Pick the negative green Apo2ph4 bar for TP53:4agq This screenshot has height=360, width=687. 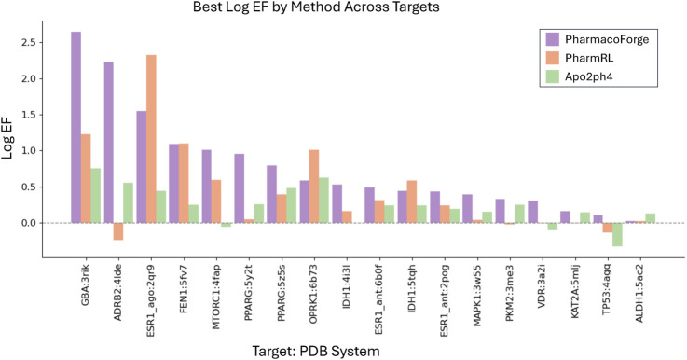click(x=617, y=234)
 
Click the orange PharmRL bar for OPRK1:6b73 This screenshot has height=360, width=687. click(x=313, y=187)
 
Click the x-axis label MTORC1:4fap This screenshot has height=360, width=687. click(x=217, y=273)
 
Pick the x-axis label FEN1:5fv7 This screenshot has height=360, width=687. click(x=185, y=268)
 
